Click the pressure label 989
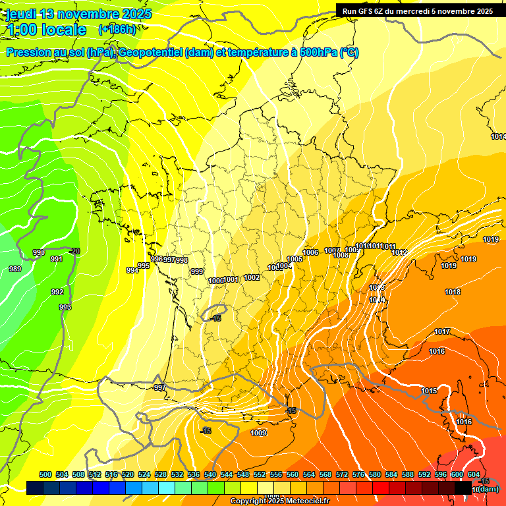(14, 269)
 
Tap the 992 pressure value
(57, 292)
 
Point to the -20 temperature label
(75, 251)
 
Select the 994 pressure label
(132, 270)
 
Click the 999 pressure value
(197, 271)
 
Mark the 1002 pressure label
(252, 277)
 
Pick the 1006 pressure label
(310, 253)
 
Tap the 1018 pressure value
(453, 292)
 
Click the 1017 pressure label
(442, 331)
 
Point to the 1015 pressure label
(429, 391)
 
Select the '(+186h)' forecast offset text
(117, 30)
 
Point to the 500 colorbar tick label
(45, 474)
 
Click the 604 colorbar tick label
(474, 474)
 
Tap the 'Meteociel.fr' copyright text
(301, 501)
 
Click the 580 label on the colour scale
(375, 474)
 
